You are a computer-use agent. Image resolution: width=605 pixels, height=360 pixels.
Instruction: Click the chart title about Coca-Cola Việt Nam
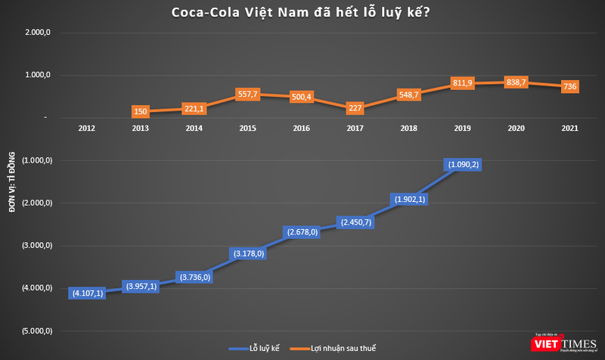tap(302, 12)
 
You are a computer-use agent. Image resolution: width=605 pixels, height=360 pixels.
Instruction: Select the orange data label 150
tap(139, 112)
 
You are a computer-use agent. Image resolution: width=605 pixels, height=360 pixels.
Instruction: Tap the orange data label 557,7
tap(247, 95)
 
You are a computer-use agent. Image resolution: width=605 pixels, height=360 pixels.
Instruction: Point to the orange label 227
tap(355, 107)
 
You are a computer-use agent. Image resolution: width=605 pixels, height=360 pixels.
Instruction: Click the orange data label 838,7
tap(517, 83)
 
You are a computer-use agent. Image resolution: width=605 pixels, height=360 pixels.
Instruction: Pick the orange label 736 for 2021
tap(570, 87)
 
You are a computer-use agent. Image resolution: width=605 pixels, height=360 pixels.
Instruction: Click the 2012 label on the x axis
tap(86, 129)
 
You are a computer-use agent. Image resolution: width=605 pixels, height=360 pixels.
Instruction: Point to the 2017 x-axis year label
tap(355, 129)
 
